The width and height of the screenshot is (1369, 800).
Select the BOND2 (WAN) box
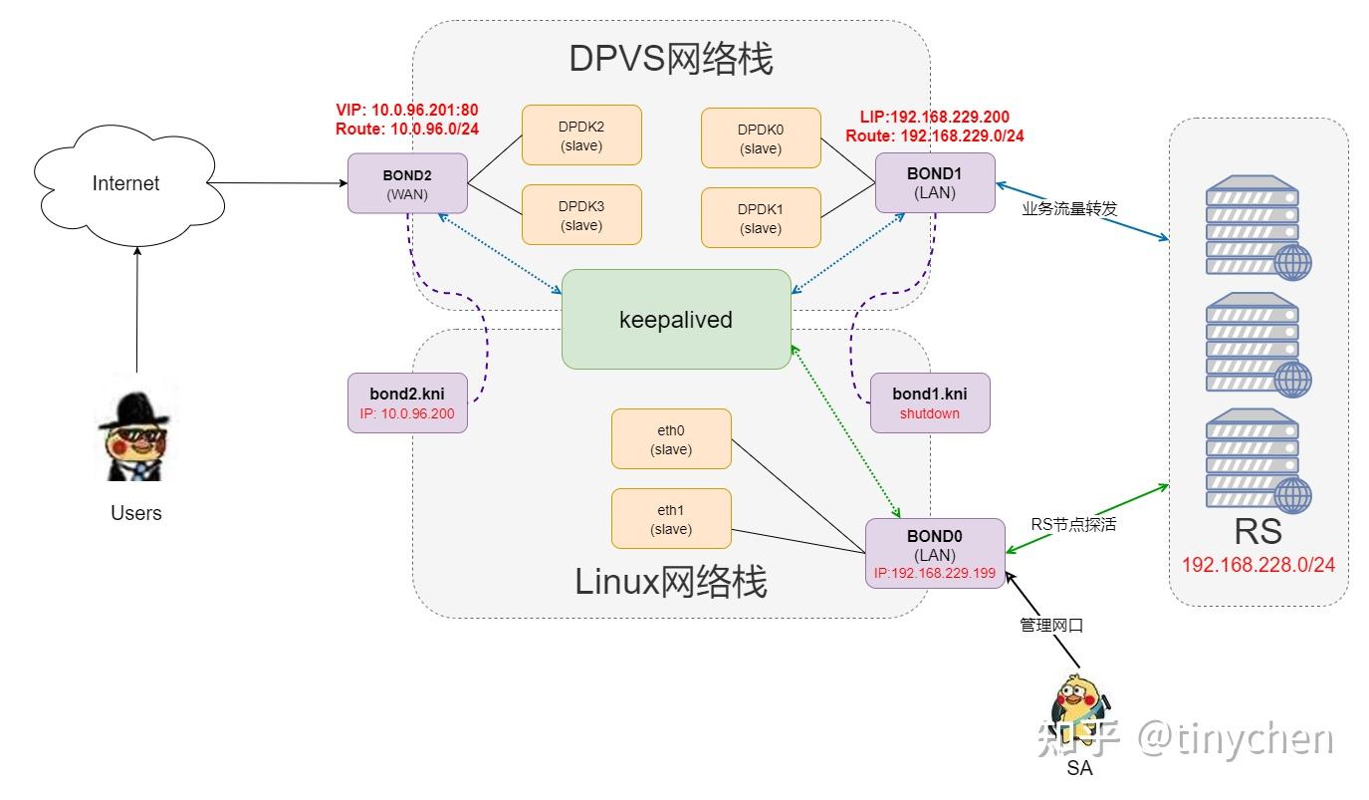pos(407,183)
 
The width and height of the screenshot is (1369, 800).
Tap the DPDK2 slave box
pos(581,136)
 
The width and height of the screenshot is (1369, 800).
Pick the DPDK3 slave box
pos(581,215)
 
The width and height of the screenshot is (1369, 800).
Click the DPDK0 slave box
pos(761,137)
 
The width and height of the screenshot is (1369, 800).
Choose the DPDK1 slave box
pos(761,218)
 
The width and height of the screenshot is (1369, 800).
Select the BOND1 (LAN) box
pos(935,182)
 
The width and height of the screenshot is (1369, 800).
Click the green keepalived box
pos(676,320)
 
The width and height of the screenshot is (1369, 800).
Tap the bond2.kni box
pos(407,403)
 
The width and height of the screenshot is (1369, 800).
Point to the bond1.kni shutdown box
pos(929,403)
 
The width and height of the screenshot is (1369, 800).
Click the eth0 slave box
pos(671,439)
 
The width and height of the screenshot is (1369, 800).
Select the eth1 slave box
pos(671,518)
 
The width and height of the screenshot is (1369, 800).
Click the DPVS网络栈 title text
pos(670,58)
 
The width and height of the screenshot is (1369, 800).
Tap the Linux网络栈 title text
pos(670,582)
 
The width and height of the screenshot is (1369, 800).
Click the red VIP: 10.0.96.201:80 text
pos(408,110)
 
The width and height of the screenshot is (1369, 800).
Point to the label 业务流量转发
pos(1069,209)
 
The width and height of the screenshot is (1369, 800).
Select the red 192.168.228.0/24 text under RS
pos(1257,565)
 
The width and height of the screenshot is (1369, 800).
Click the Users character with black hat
pos(135,431)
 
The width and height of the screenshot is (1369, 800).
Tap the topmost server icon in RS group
pos(1257,227)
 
